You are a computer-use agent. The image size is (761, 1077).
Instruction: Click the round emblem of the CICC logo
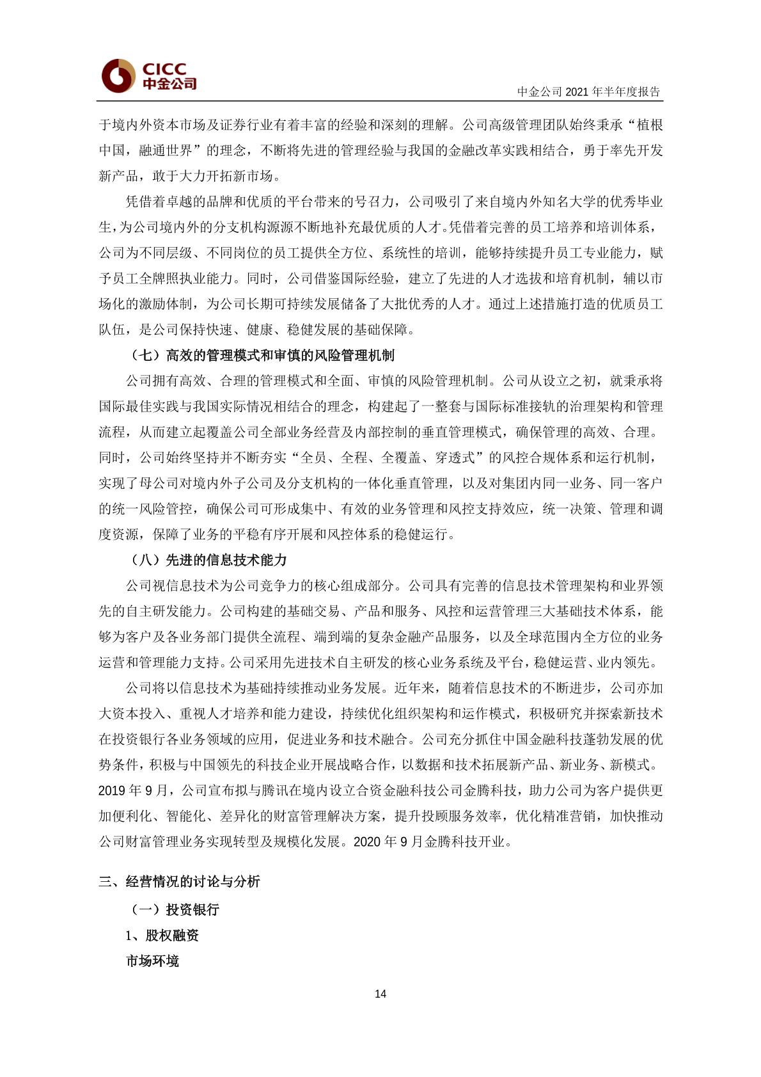tap(118, 76)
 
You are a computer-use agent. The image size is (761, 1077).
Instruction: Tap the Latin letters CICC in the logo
tap(164, 68)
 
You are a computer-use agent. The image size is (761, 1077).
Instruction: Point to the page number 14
tap(380, 994)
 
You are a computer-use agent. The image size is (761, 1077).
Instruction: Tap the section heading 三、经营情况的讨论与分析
tap(180, 882)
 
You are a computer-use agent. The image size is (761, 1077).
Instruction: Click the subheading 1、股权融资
tap(162, 936)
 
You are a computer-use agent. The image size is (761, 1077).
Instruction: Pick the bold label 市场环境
tap(153, 961)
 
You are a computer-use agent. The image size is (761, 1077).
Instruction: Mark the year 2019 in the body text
tap(112, 791)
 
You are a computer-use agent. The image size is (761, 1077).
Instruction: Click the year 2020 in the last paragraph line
tap(366, 842)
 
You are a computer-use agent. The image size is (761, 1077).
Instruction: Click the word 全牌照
tap(152, 278)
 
